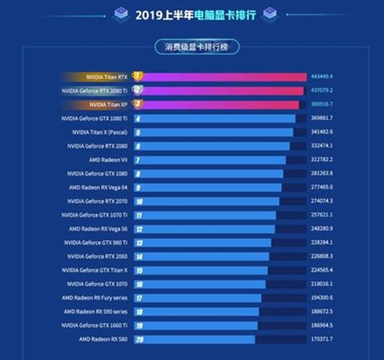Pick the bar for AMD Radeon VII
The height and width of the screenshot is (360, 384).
(216, 160)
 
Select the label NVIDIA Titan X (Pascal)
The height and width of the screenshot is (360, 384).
(101, 132)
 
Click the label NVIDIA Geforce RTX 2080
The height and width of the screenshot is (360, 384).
(96, 146)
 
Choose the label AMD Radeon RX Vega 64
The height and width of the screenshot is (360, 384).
(99, 187)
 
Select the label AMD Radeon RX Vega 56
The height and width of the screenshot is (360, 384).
(99, 229)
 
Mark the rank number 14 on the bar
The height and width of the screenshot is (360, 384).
(138, 257)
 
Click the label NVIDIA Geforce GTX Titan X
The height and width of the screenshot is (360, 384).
(95, 270)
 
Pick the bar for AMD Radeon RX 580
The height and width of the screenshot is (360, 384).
(194, 339)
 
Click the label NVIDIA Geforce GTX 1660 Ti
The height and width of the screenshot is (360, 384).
(95, 325)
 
